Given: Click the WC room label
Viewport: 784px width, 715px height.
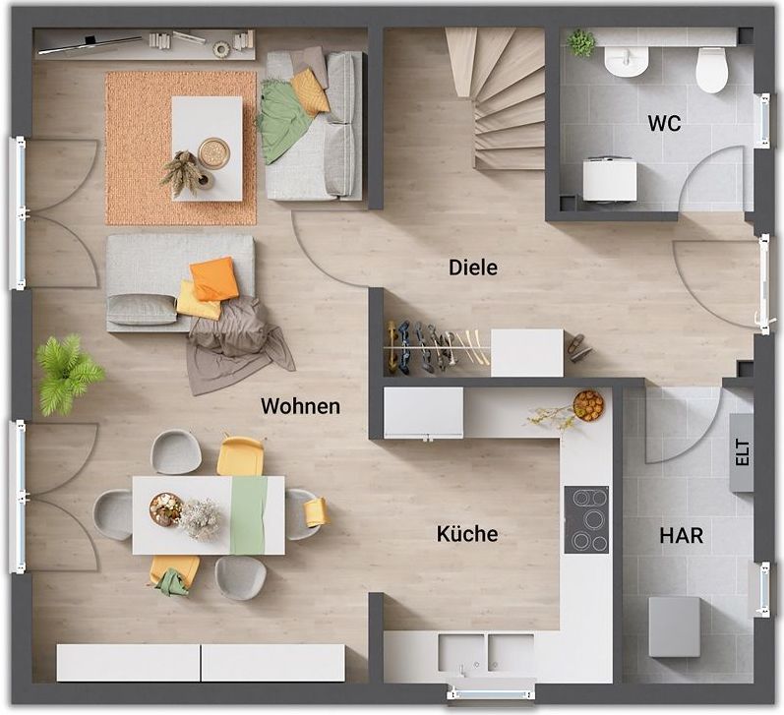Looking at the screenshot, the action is [664, 123].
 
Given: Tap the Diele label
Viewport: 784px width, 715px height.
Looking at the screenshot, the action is [473, 268].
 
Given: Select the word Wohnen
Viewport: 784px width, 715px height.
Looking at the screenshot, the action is [300, 406].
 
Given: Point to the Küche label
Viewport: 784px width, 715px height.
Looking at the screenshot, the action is [467, 534].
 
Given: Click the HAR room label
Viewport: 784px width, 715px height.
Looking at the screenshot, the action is [681, 535].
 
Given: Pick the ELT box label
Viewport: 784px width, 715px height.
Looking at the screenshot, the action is [743, 452].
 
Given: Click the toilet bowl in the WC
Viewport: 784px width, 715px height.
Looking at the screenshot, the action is [711, 70].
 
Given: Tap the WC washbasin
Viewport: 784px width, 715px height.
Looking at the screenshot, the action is [627, 61].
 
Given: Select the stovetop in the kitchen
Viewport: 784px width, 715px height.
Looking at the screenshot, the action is [586, 519].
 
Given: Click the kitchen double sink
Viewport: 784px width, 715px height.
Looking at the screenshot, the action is [486, 652].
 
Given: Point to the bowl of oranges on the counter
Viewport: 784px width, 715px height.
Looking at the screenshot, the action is [588, 405].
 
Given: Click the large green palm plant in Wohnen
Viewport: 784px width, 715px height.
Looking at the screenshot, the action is [68, 374].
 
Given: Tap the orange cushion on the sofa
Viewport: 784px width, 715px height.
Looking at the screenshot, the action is [214, 279].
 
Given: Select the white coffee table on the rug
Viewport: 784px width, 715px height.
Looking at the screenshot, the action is [207, 149].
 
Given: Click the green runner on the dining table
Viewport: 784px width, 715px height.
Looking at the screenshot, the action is [248, 515].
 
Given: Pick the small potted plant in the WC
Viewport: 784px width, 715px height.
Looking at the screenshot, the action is [581, 43].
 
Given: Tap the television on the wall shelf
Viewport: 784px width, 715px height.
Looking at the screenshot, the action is [90, 44].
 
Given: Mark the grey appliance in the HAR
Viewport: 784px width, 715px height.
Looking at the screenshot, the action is [674, 626].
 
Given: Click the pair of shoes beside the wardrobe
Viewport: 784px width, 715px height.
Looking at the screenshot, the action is [579, 347].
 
